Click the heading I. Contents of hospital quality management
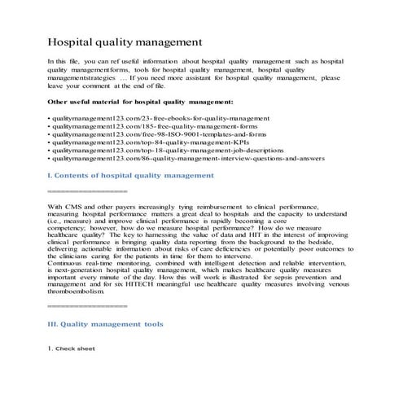[131, 175]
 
